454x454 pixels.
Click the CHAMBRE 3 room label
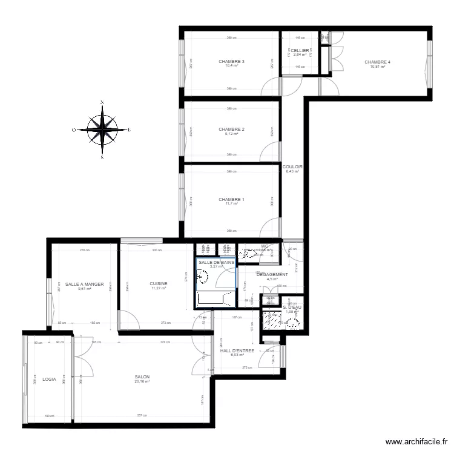tap(231, 61)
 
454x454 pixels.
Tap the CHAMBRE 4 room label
tap(377, 62)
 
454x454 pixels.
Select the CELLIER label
tap(299, 50)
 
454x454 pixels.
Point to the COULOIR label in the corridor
tap(292, 166)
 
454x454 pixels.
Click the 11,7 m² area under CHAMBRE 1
tap(231, 205)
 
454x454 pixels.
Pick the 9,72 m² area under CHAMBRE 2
tap(231, 134)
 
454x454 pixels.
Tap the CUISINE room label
tap(159, 283)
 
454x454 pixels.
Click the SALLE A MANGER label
tap(84, 284)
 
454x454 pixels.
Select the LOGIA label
tap(49, 379)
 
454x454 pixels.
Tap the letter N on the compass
tap(102, 102)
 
